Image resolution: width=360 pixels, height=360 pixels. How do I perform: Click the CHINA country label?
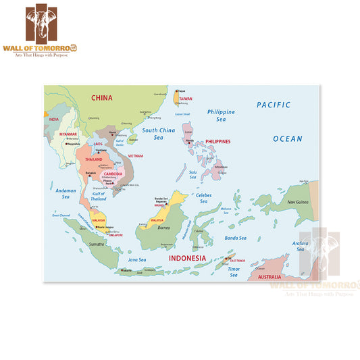click(x=102, y=98)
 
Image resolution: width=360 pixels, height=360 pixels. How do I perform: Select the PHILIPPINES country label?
click(x=217, y=142)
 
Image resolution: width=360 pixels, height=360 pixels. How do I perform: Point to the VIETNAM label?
click(x=136, y=155)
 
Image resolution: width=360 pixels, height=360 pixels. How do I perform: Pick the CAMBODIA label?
click(x=112, y=174)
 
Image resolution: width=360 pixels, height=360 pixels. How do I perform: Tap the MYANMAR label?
click(x=68, y=134)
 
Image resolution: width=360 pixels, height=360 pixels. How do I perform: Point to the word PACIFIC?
click(x=273, y=105)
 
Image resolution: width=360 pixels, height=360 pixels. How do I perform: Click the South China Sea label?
click(x=158, y=134)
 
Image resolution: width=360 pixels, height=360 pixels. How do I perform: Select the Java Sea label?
click(x=137, y=259)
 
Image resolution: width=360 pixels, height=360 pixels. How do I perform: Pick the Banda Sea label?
click(x=235, y=238)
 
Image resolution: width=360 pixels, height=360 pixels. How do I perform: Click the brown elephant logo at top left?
click(x=52, y=26)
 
